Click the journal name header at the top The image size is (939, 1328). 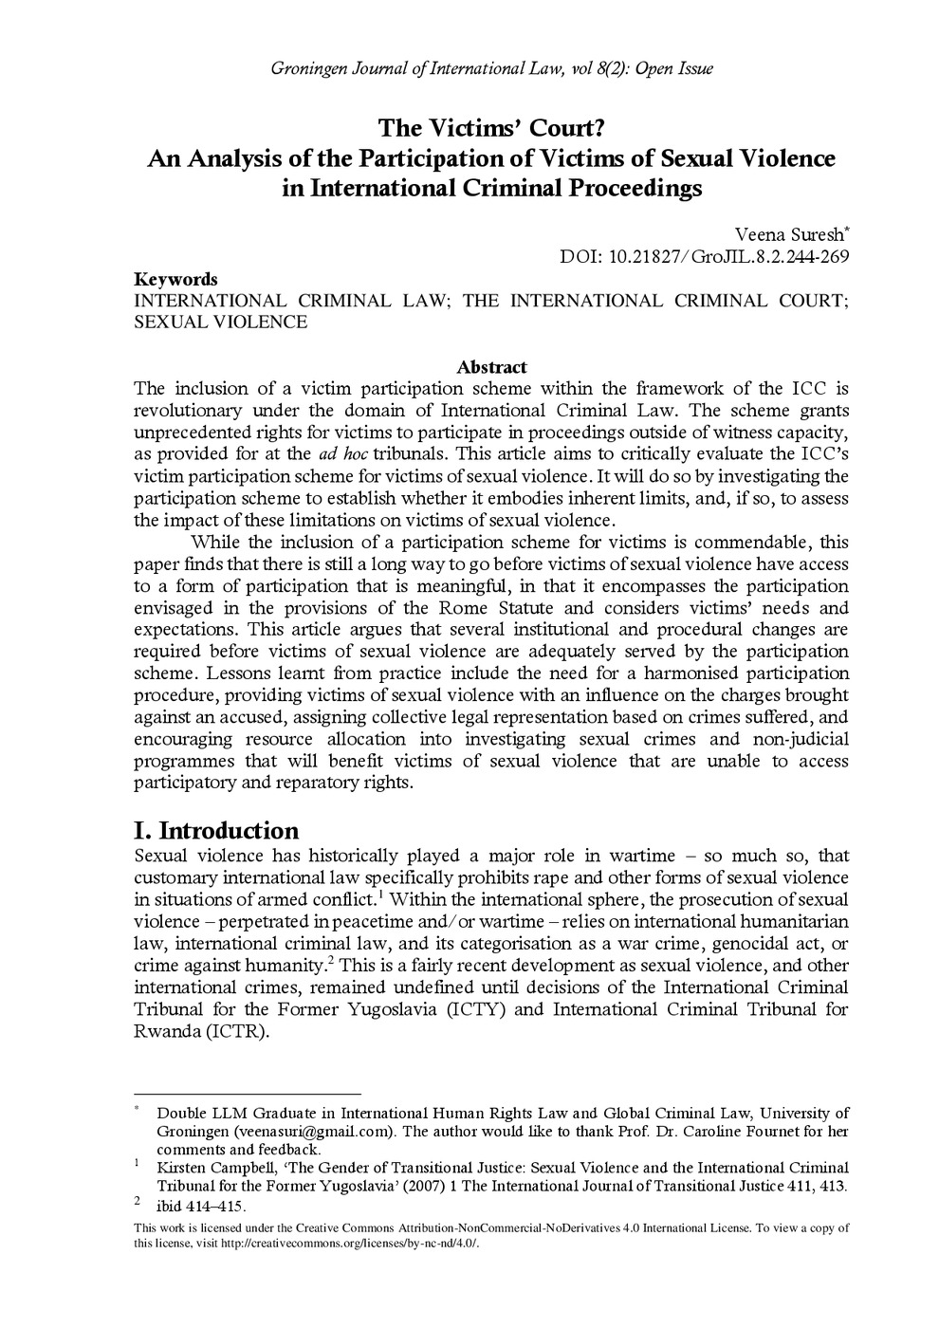(491, 68)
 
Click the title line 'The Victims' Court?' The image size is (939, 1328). (491, 128)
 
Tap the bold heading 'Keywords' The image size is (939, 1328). (175, 279)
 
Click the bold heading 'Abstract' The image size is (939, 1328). (491, 366)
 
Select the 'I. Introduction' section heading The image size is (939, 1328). (216, 830)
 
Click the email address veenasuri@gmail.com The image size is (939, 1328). (312, 1132)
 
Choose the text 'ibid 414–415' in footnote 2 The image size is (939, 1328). (200, 1207)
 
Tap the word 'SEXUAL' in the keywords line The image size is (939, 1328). (167, 322)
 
